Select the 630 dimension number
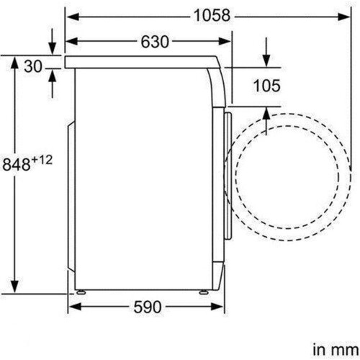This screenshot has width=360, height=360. click(154, 42)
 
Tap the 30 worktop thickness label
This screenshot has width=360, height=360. click(32, 67)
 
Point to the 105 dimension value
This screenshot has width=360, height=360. click(266, 86)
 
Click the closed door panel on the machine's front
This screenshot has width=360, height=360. click(228, 173)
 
